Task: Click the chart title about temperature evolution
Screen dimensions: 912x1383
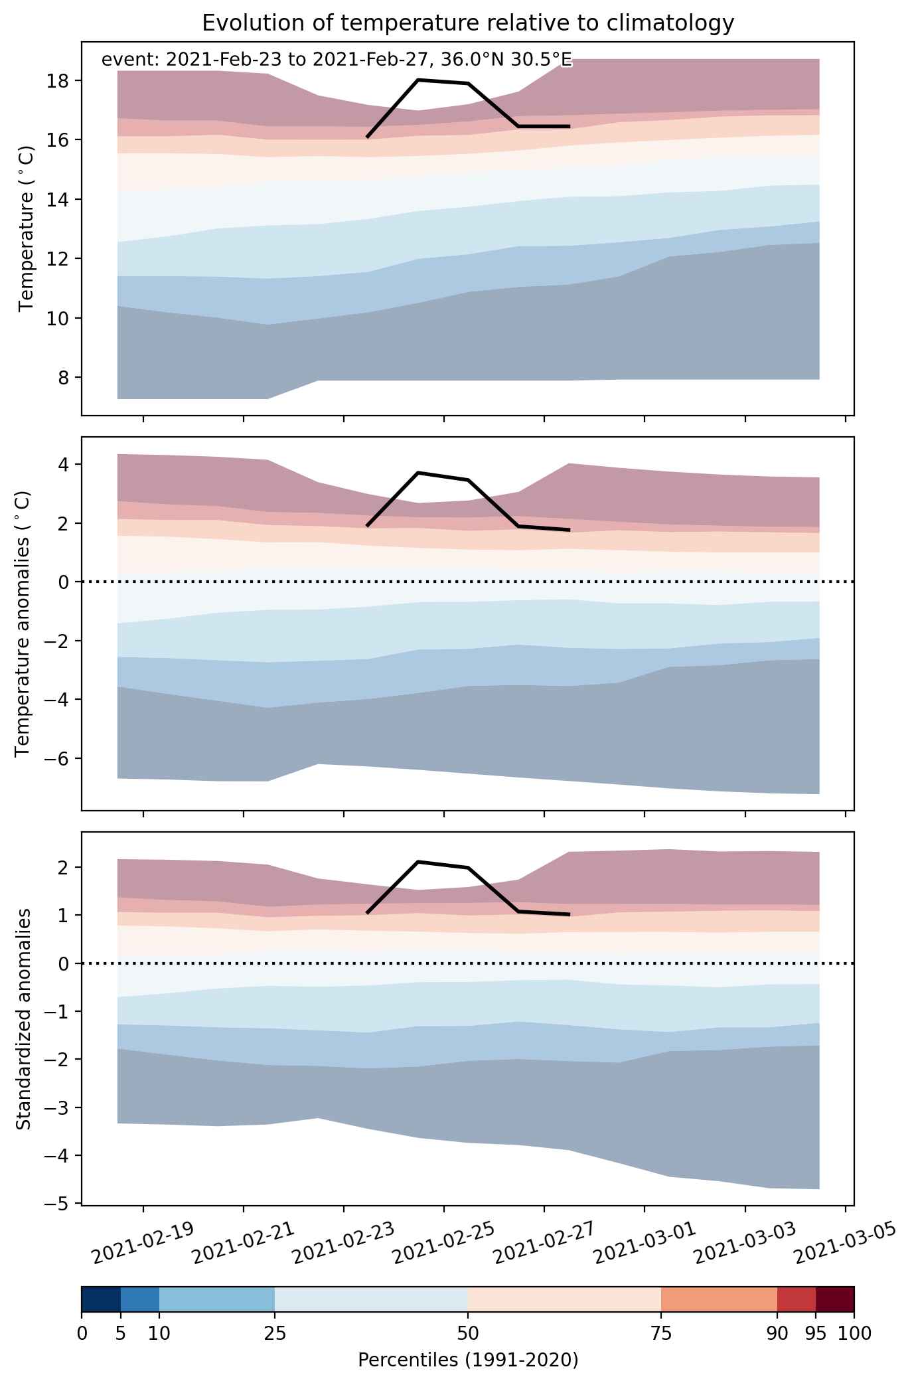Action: point(468,23)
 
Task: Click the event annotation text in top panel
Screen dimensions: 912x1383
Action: point(336,60)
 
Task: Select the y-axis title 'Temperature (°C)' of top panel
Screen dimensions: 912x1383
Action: point(27,228)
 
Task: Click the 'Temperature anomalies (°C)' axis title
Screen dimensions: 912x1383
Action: point(23,623)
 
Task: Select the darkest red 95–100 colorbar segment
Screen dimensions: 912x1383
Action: point(834,1299)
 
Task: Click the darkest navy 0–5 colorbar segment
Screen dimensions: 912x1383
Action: point(101,1299)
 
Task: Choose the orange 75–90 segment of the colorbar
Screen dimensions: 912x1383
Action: point(719,1299)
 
